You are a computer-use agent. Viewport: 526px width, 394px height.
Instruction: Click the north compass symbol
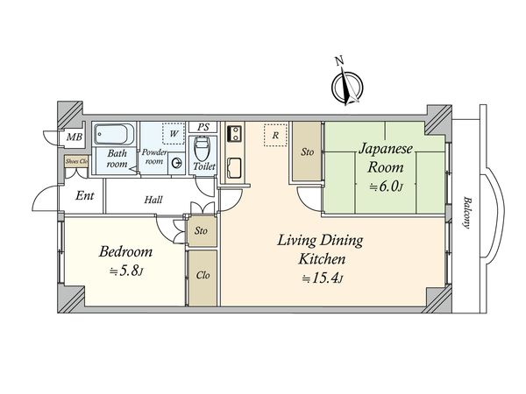point(347,87)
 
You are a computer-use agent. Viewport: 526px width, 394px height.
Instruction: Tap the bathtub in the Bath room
point(114,134)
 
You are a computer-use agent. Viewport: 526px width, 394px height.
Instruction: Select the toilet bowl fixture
point(202,149)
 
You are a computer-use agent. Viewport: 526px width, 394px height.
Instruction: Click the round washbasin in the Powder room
point(176,164)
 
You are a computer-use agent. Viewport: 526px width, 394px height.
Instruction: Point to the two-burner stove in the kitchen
point(234,133)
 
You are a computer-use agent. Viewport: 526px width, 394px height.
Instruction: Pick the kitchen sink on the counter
point(234,168)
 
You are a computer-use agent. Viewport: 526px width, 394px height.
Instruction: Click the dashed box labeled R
point(275,135)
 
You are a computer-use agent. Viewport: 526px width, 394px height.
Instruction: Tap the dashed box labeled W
point(174,134)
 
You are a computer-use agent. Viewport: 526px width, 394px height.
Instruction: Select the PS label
point(203,127)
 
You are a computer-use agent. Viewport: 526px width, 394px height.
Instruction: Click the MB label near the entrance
point(75,137)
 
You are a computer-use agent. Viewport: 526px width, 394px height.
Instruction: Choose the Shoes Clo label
point(76,161)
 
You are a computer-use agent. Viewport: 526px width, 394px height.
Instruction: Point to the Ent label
point(84,195)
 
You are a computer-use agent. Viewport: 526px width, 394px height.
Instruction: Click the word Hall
point(153,200)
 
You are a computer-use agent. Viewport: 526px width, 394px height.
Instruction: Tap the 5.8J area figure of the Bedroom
point(127,271)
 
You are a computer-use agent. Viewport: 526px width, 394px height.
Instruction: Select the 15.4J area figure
point(322,278)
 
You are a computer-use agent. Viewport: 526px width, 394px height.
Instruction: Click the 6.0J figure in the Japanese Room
point(386,186)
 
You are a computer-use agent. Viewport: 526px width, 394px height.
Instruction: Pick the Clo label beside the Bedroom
point(203,276)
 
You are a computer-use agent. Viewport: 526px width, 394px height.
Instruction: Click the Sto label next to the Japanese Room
point(308,152)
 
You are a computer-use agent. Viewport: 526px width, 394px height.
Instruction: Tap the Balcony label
point(466,213)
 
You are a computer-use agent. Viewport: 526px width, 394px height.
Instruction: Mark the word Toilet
point(204,166)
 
